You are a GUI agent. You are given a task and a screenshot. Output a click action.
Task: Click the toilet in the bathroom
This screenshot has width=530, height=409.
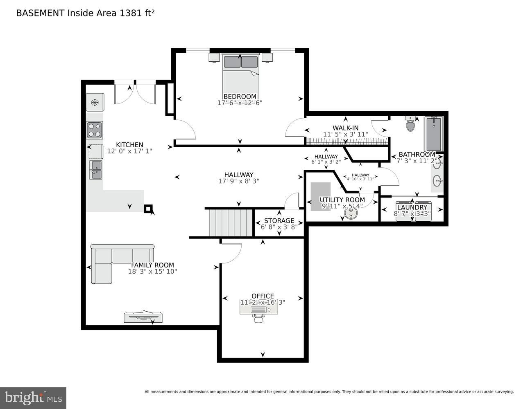[x=410, y=124]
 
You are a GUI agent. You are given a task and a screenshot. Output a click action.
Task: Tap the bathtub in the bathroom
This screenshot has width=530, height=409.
[x=433, y=134]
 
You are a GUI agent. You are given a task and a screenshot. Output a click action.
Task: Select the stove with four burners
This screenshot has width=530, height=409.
[x=94, y=130]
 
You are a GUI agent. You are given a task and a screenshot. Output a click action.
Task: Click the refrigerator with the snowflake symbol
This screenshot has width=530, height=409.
[x=95, y=102]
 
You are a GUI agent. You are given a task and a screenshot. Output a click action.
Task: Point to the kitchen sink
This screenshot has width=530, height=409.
[x=95, y=170]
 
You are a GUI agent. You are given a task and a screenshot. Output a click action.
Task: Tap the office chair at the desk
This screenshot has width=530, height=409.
[x=258, y=317]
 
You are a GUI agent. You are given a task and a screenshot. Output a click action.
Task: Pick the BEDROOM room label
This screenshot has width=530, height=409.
[x=240, y=97]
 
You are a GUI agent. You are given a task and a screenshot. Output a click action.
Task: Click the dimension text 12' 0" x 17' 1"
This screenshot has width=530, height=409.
[x=129, y=151]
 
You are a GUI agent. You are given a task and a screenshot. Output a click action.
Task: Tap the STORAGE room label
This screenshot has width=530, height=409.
[x=279, y=220]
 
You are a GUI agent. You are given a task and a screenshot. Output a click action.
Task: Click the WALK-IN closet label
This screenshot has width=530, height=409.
[x=345, y=128]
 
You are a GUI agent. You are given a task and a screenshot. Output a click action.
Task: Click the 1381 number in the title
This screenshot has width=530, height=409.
[x=129, y=13]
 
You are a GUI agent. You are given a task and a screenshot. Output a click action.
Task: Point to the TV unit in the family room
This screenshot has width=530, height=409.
[x=143, y=317]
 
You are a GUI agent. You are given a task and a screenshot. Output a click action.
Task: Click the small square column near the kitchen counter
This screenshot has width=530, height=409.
[x=148, y=209]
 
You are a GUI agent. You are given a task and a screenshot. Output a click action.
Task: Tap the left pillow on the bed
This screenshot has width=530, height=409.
[x=232, y=62]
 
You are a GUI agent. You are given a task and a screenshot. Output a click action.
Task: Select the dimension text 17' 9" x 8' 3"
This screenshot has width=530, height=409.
[x=238, y=181]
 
